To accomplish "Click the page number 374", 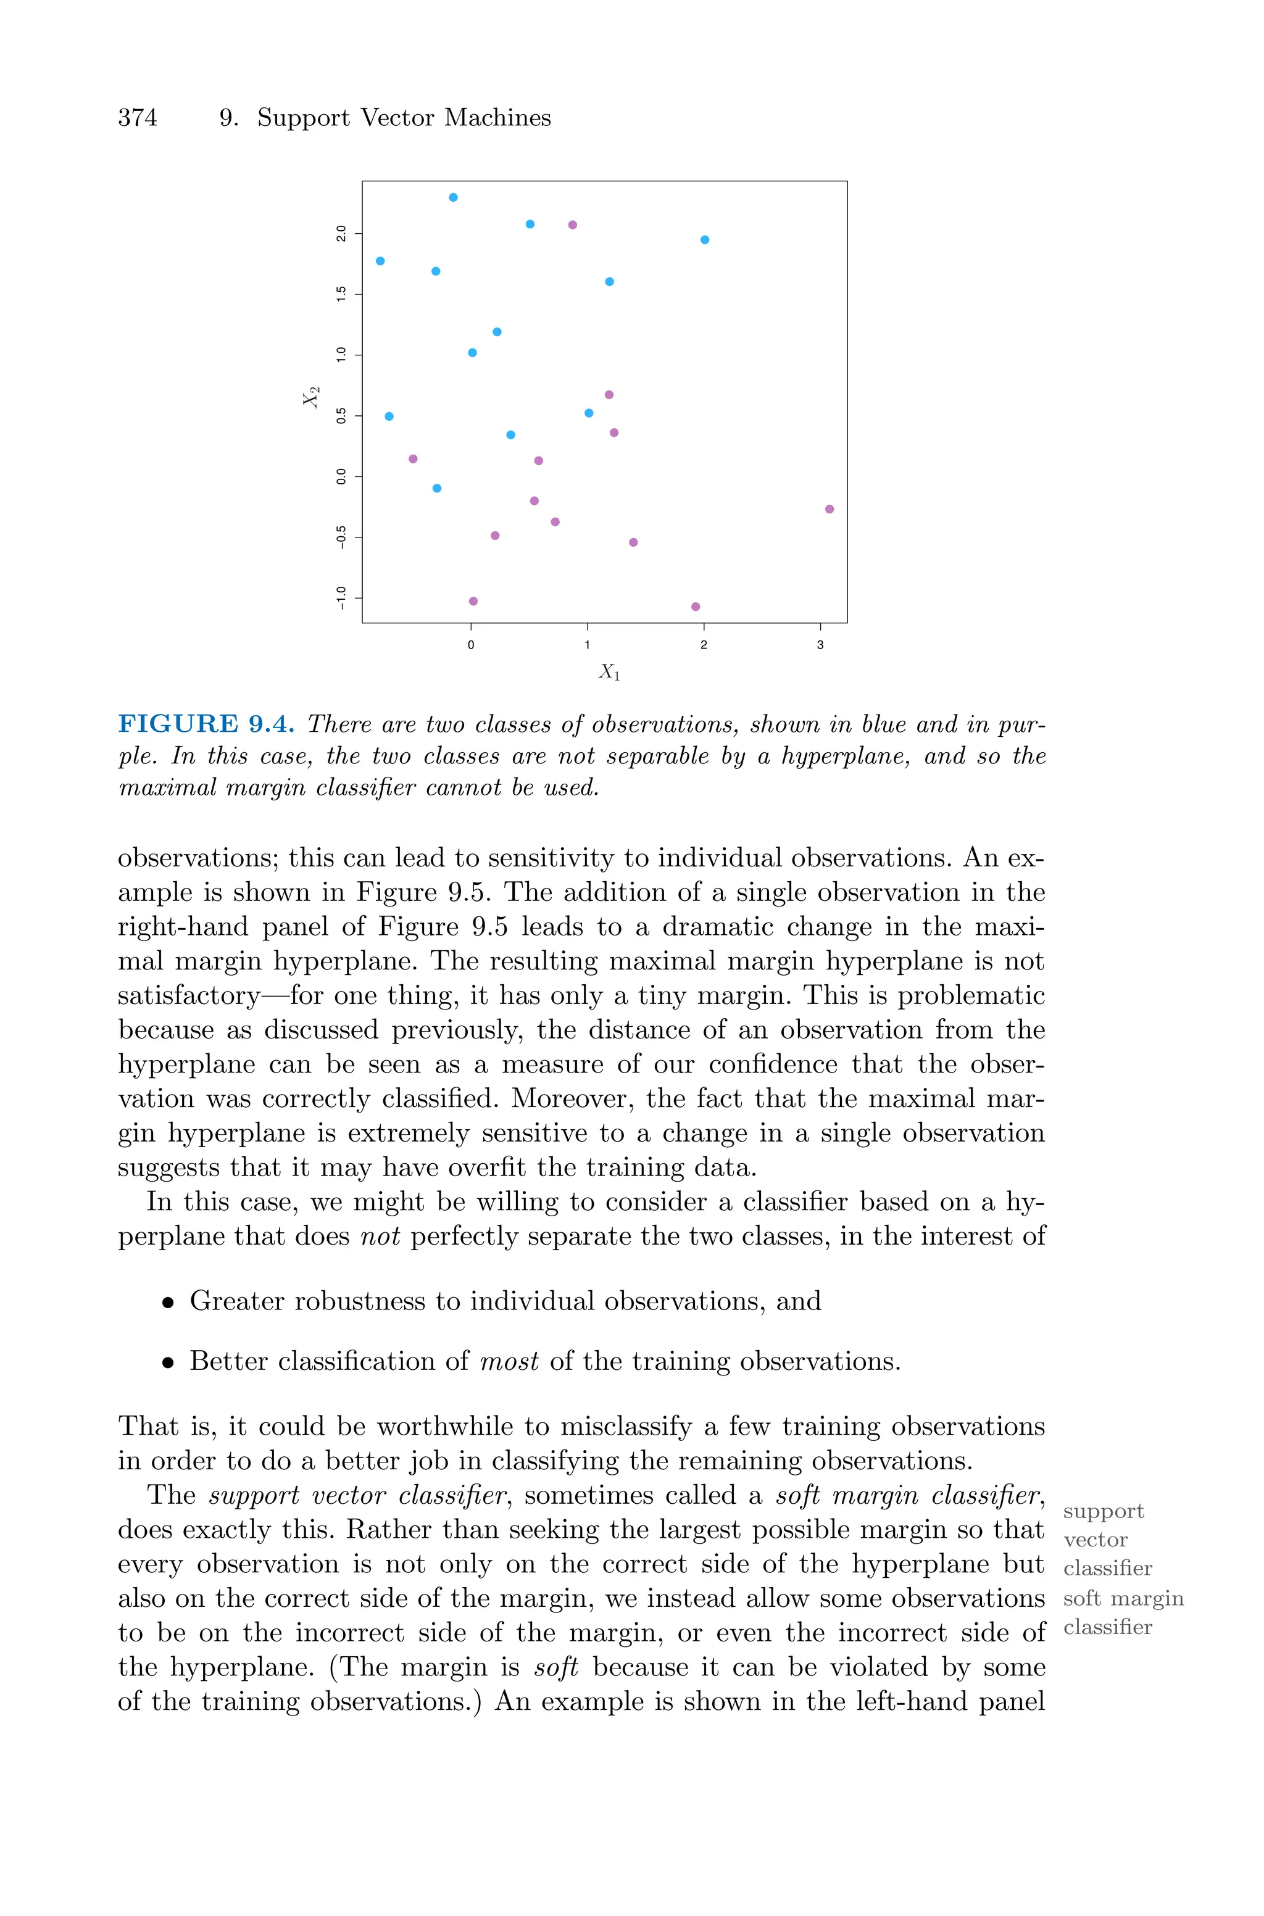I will [138, 118].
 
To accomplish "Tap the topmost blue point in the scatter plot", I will [453, 197].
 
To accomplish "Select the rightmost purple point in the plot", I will [829, 509].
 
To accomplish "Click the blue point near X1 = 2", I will [705, 240].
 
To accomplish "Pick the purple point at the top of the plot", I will [572, 225].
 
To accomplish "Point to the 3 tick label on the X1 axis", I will [820, 645].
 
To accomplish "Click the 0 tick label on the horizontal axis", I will [471, 645].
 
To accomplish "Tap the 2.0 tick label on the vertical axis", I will [341, 234].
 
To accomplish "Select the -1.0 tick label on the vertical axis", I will [341, 597].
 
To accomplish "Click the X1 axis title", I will [609, 671].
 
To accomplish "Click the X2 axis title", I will [311, 396].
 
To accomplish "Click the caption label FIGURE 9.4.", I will [206, 724].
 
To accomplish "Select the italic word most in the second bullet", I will [509, 1362].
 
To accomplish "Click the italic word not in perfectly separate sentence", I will [380, 1236].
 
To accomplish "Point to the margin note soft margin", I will [1123, 1599].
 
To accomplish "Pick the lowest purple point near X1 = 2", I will [696, 607].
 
